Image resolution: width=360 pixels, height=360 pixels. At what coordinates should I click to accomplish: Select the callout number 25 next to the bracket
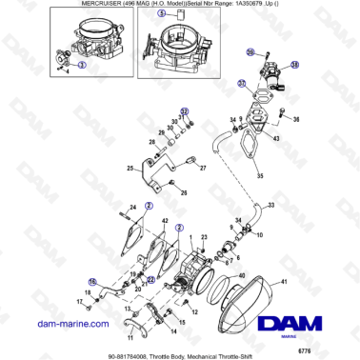point(130,170)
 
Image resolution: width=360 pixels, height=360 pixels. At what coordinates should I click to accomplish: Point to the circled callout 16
point(92,281)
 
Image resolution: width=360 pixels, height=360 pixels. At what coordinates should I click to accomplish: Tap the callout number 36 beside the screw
point(296,120)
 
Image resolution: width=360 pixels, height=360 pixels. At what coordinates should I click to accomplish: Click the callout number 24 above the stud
point(133,208)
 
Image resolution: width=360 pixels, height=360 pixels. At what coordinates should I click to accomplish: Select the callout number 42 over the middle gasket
point(166,221)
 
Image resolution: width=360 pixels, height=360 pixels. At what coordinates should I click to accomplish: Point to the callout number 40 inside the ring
point(242,276)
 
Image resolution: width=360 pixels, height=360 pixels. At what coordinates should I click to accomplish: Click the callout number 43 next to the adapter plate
point(276,139)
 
